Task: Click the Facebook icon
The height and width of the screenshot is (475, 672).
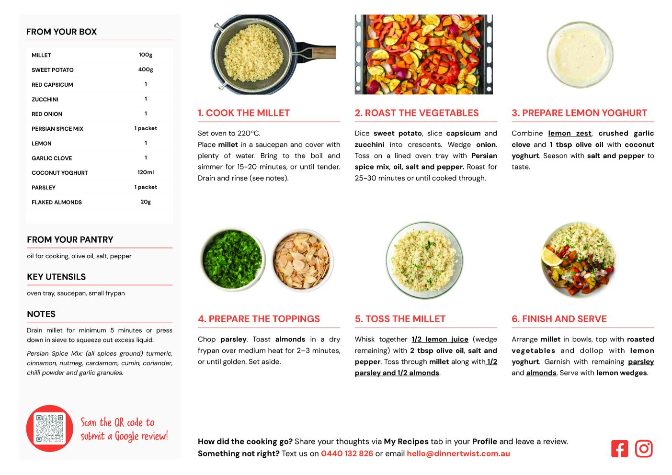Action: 619,449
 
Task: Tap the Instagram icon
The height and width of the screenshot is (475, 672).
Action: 643,449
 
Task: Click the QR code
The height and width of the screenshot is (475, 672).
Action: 50,428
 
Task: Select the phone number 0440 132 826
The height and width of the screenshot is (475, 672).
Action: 347,453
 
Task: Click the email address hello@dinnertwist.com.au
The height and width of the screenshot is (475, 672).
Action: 458,453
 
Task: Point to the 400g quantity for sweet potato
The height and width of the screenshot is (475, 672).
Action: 146,69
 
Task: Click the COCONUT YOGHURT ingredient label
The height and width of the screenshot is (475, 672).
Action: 60,173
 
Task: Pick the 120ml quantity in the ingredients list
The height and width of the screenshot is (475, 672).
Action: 146,172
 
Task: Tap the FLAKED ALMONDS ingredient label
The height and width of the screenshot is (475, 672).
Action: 57,202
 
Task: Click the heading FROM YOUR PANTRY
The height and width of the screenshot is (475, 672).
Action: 70,239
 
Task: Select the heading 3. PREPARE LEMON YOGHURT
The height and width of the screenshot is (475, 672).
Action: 579,113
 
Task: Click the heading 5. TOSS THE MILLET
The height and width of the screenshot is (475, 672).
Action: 400,319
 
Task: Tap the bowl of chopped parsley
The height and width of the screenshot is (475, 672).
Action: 233,260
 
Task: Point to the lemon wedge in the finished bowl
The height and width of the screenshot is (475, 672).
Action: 551,257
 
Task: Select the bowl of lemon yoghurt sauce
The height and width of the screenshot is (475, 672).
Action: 580,55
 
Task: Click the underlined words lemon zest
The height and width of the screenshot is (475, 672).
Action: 569,133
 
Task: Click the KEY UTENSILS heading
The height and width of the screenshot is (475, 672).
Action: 57,277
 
